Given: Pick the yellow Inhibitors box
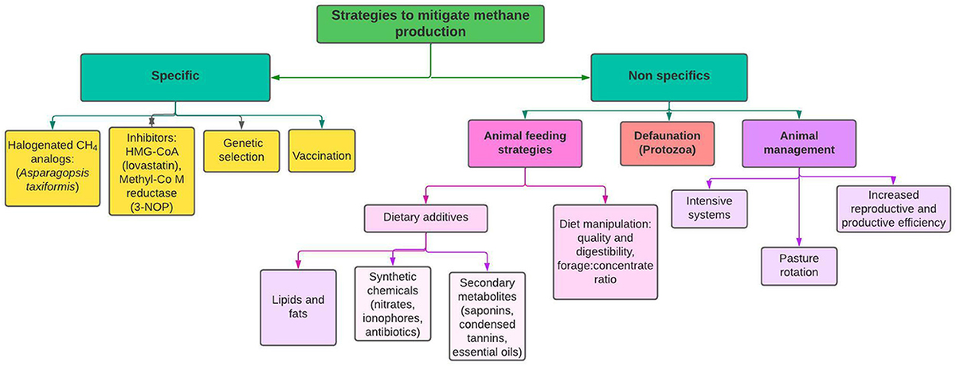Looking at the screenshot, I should point(151,170).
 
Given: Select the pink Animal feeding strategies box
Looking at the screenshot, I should point(523,143).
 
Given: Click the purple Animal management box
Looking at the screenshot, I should point(799,143).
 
